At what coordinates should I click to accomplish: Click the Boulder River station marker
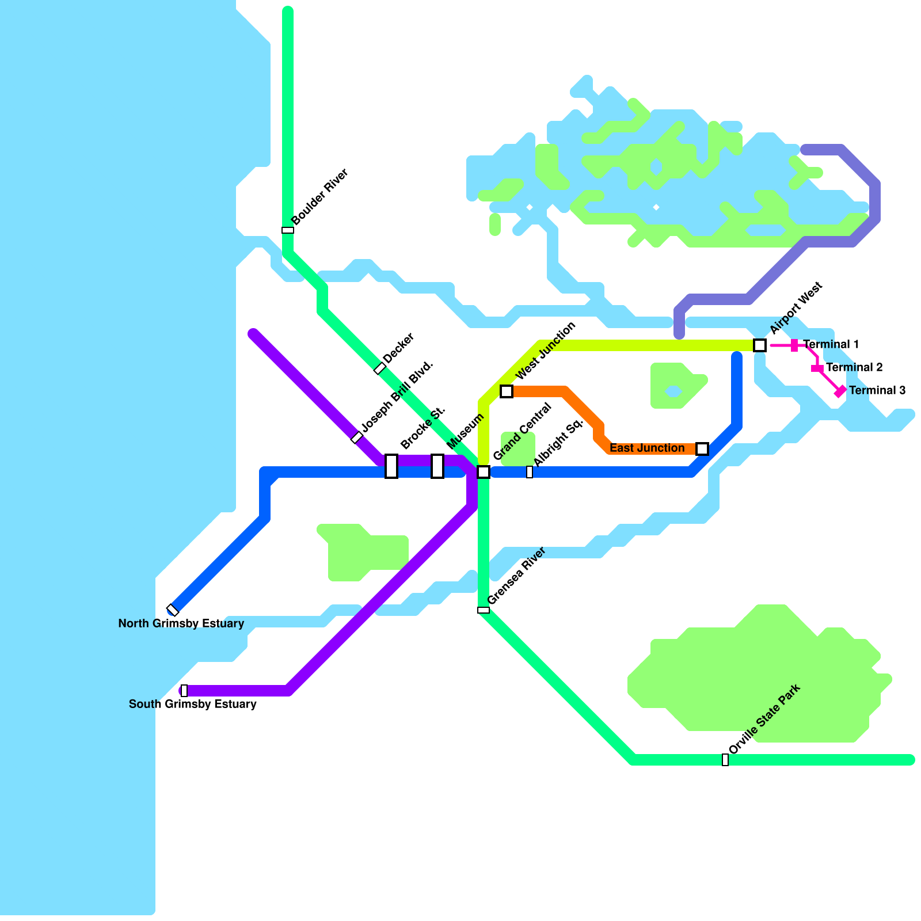[x=288, y=230]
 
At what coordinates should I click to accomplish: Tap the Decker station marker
[x=380, y=368]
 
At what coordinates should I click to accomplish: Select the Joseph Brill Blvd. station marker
[x=357, y=437]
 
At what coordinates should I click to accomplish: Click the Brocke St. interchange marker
[x=391, y=466]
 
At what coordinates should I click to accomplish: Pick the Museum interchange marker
[x=437, y=466]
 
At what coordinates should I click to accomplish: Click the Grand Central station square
[x=484, y=472]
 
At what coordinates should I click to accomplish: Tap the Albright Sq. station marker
[x=530, y=472]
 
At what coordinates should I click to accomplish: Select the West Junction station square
[x=507, y=391]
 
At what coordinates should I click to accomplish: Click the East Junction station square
[x=702, y=449]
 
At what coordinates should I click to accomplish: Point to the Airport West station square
[x=760, y=345]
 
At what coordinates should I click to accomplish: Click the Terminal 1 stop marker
[x=794, y=345]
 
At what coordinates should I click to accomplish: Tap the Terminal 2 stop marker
[x=817, y=368]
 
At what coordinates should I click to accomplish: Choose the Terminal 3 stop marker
[x=840, y=391]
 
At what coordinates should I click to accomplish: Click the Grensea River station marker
[x=484, y=610]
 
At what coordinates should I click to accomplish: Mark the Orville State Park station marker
[x=725, y=760]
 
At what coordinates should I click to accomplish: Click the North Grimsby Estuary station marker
[x=173, y=610]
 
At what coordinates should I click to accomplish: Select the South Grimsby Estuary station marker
[x=184, y=691]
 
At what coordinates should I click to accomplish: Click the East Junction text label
[x=647, y=448]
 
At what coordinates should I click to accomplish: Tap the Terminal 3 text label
[x=877, y=390]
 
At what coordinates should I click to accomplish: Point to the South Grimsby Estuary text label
[x=192, y=704]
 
